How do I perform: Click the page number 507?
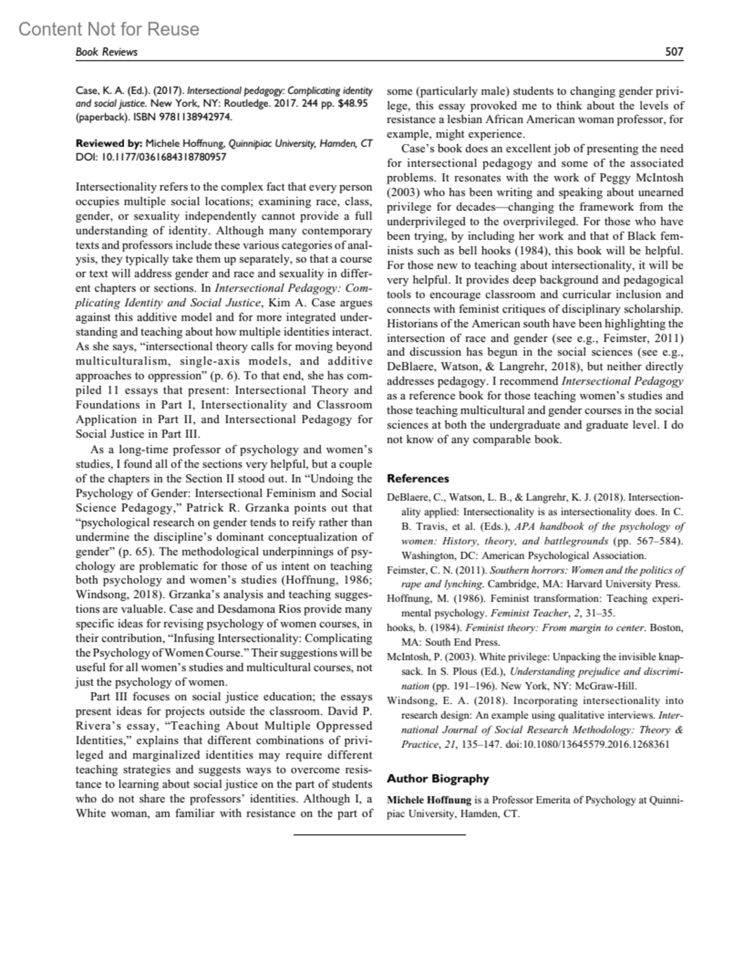click(673, 52)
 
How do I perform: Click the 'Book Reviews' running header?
click(106, 52)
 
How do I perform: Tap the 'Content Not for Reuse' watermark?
click(109, 29)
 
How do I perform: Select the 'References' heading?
click(417, 478)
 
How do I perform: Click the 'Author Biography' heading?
click(438, 779)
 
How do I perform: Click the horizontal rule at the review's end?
click(379, 835)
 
